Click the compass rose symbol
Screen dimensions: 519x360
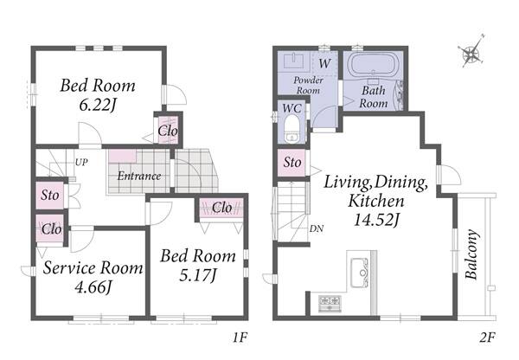point(471,52)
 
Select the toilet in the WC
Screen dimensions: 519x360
point(292,128)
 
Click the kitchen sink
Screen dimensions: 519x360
point(360,273)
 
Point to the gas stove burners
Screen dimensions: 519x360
point(330,303)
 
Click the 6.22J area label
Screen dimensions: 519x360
point(97,106)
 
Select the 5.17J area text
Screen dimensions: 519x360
point(197,275)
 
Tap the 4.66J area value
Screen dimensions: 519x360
point(93,286)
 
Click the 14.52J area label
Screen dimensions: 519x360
point(375,219)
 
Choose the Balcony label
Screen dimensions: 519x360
point(471,254)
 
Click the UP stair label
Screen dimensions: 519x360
point(81,163)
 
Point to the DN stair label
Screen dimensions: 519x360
point(317,228)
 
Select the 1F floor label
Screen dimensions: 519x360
point(240,337)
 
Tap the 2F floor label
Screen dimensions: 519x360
point(487,337)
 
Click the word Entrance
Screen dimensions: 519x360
point(139,176)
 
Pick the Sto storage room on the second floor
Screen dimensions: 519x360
point(292,163)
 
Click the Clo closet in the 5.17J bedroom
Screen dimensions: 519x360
point(221,208)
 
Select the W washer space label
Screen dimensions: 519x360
point(324,63)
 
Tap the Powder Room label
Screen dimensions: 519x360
point(308,85)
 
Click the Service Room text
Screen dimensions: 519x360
point(93,267)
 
